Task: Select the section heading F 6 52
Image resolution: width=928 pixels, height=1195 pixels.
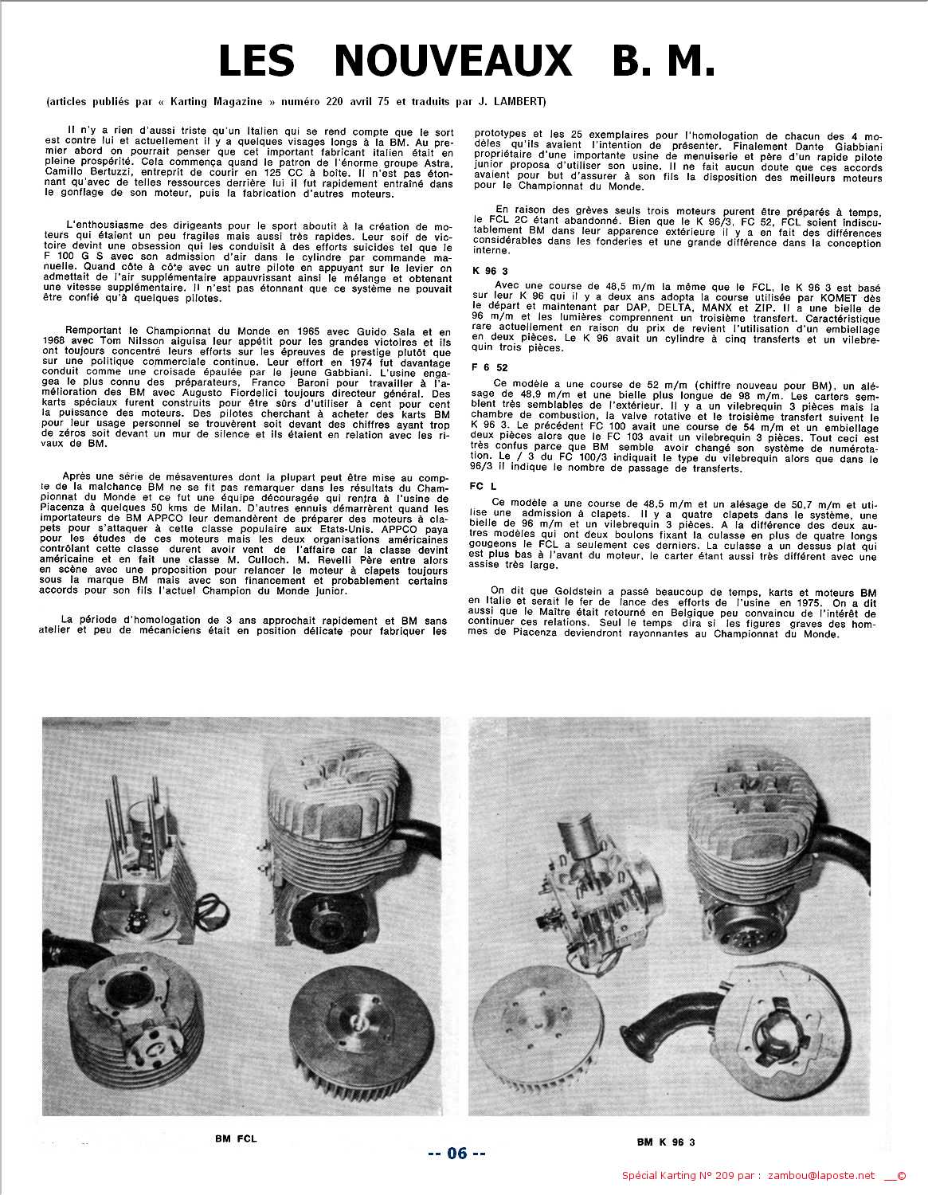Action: pos(490,367)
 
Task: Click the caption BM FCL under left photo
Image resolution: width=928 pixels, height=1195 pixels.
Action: pos(236,1139)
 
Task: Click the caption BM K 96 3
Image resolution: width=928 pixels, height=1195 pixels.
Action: pos(666,1142)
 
